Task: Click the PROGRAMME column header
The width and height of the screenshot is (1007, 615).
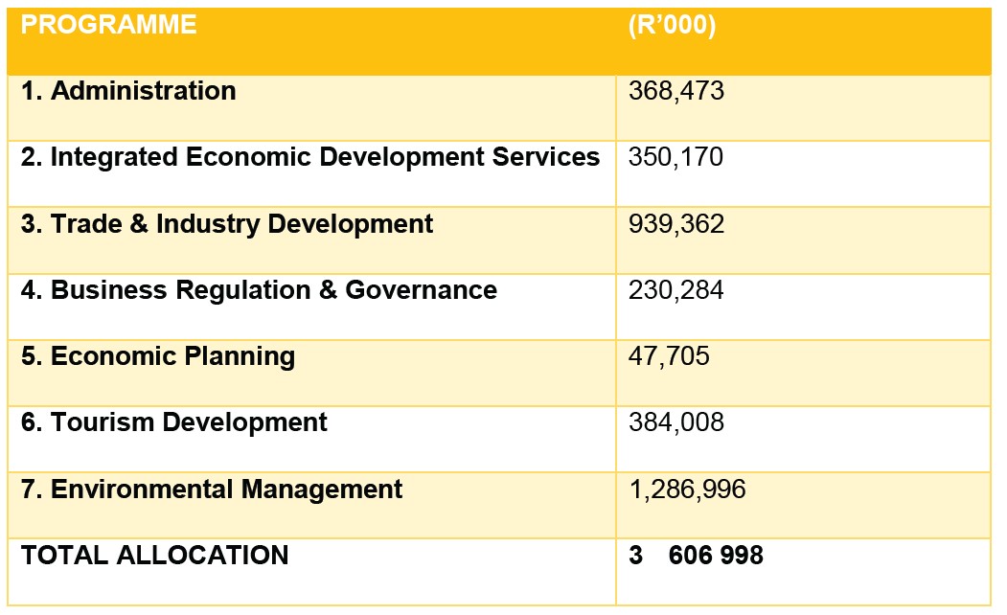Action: click(x=108, y=26)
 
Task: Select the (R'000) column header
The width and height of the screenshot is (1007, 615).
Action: click(x=672, y=26)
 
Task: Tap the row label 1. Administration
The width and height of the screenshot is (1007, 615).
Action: click(x=128, y=91)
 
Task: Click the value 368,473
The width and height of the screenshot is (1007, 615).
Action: click(x=676, y=91)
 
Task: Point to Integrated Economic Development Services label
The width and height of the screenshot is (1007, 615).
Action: click(x=310, y=157)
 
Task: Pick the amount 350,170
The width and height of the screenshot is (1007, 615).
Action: click(x=676, y=157)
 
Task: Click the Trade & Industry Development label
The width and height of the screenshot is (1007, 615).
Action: click(x=227, y=224)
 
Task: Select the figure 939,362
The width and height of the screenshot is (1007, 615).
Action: click(x=676, y=224)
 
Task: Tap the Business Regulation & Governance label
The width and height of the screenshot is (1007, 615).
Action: click(x=259, y=290)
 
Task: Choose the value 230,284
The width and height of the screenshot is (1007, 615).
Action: click(x=676, y=290)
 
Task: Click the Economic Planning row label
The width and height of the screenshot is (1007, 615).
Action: click(x=158, y=356)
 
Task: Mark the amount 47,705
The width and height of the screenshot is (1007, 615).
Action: click(x=669, y=356)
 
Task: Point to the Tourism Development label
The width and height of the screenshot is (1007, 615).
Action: click(x=174, y=422)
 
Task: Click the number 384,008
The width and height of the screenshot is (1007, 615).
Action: click(x=676, y=422)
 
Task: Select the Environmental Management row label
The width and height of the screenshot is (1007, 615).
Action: click(x=212, y=490)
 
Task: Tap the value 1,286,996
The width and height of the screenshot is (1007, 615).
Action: click(x=687, y=490)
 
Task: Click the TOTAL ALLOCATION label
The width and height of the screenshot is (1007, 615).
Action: click(x=154, y=555)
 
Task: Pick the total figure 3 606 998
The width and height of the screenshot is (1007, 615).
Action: click(x=697, y=555)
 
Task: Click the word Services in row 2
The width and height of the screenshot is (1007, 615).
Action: click(x=553, y=157)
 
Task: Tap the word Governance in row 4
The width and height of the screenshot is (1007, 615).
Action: click(x=422, y=290)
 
